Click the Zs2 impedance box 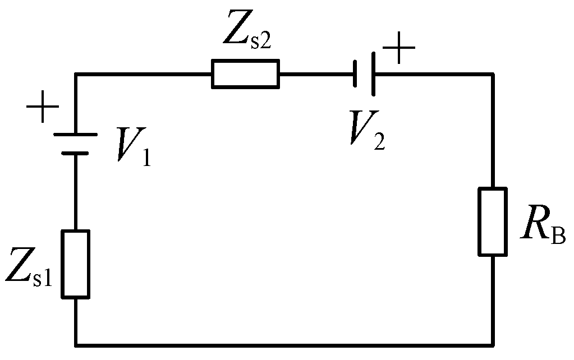click(x=245, y=74)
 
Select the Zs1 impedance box click(x=75, y=263)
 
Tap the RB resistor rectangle click(x=493, y=221)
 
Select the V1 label click(x=134, y=145)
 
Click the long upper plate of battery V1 click(x=75, y=135)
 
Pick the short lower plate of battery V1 click(x=75, y=151)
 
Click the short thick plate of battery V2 click(x=356, y=74)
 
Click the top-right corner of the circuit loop click(x=493, y=74)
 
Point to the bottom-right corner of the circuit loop click(x=493, y=343)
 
